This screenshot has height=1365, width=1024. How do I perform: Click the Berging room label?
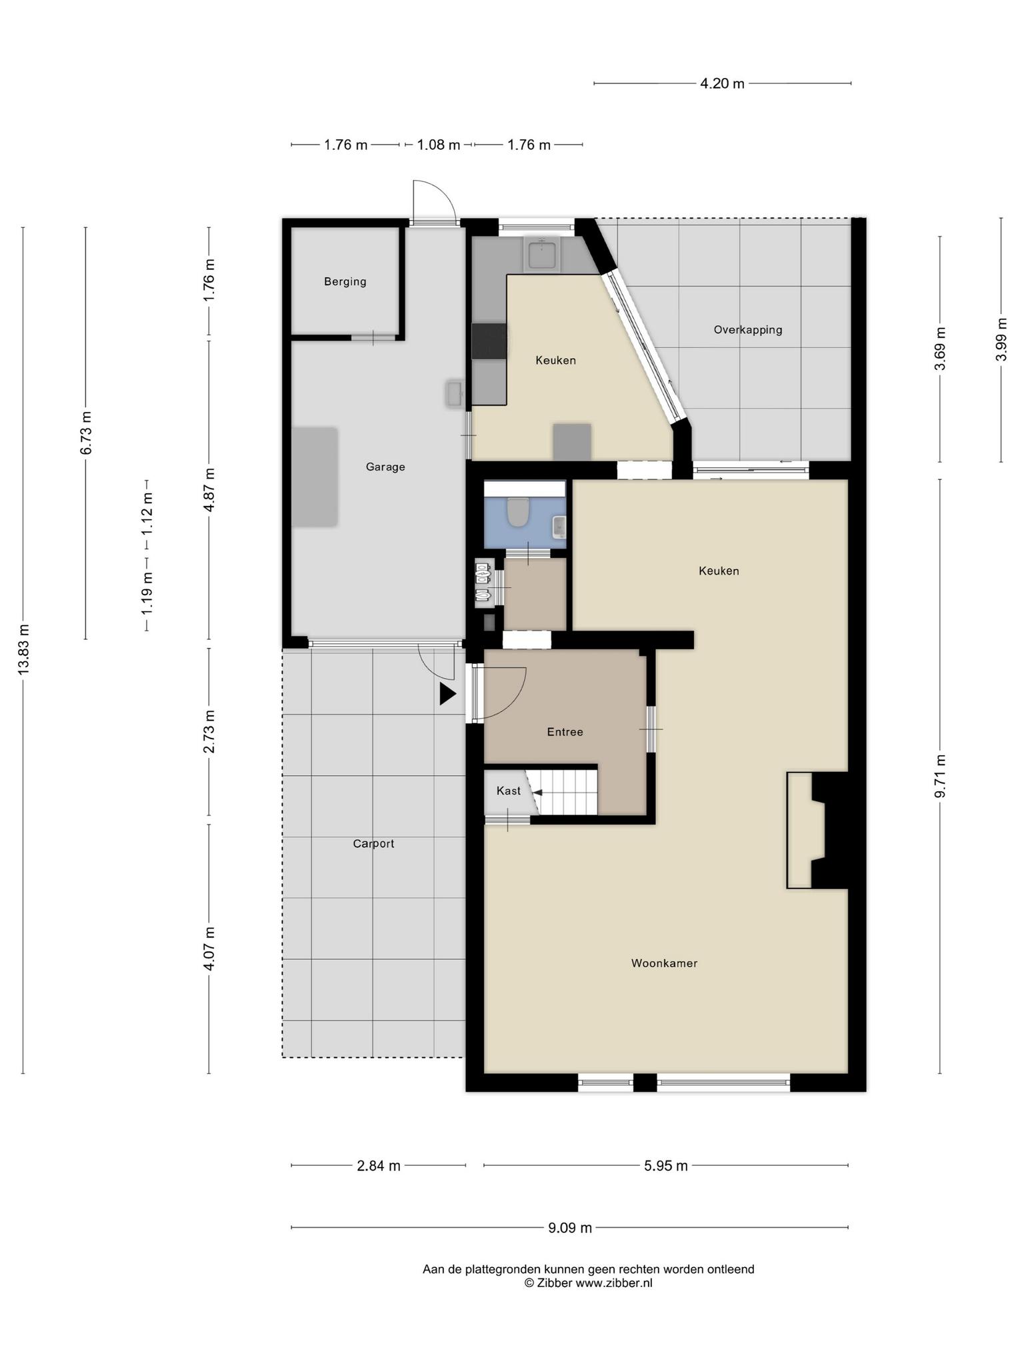click(x=345, y=281)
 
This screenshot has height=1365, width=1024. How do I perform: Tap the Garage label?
click(x=385, y=467)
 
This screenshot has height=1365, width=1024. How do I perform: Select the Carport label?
click(x=373, y=843)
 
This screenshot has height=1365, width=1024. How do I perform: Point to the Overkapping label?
click(x=747, y=329)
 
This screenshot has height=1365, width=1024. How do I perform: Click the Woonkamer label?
click(x=664, y=963)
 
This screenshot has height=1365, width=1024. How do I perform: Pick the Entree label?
click(x=565, y=732)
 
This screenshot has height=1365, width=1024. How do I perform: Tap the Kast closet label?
click(x=509, y=790)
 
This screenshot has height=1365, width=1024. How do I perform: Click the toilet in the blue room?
click(x=518, y=512)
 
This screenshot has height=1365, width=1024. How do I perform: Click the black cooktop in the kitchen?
click(x=489, y=341)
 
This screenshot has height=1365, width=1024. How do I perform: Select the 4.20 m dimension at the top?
click(x=722, y=84)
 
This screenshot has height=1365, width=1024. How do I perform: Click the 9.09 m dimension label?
click(x=570, y=1228)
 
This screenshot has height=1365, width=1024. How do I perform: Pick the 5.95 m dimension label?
click(x=665, y=1166)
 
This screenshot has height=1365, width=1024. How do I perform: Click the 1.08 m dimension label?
click(x=438, y=145)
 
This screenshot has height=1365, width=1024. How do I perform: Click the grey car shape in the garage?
click(x=315, y=477)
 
